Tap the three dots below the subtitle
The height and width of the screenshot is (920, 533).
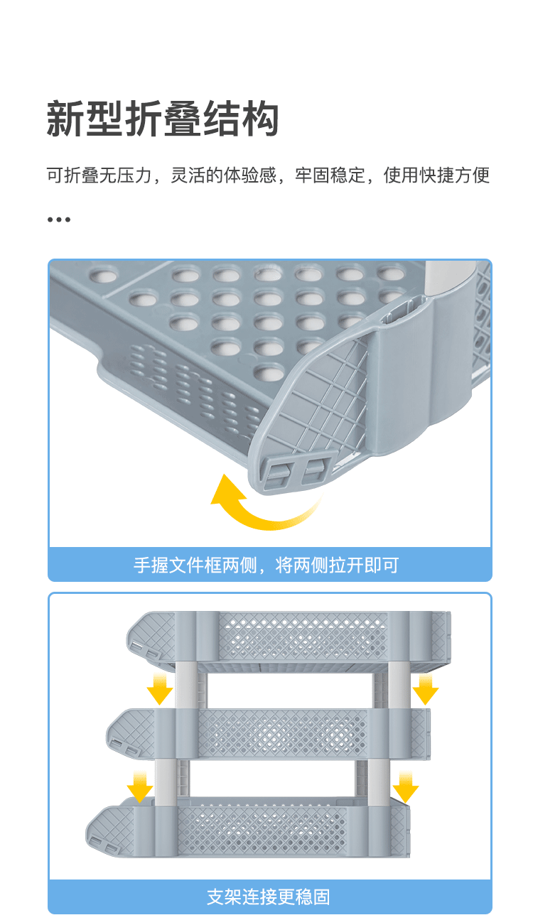(59, 220)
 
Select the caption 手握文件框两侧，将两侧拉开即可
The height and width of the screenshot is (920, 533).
(266, 565)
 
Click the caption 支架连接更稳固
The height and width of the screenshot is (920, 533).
(268, 897)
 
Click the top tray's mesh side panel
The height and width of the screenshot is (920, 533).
(303, 637)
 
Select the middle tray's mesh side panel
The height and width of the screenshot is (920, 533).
(282, 734)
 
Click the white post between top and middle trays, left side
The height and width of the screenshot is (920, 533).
(185, 685)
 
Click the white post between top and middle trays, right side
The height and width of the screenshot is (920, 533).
(399, 685)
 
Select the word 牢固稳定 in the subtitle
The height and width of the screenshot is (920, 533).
(330, 175)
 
